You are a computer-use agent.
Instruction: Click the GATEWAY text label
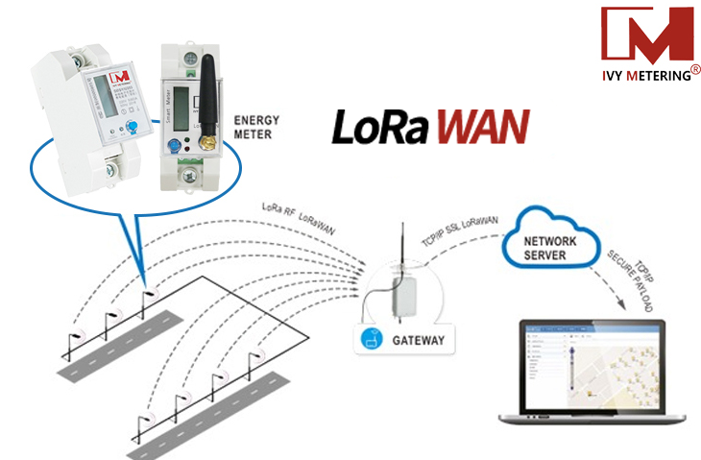[x=417, y=341]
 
